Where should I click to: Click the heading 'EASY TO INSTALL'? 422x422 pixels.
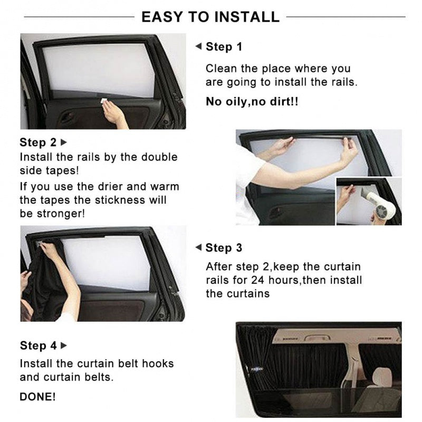[210, 16]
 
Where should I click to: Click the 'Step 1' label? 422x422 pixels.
[224, 47]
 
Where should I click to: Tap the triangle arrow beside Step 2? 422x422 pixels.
[64, 142]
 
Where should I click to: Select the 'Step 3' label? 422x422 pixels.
[224, 248]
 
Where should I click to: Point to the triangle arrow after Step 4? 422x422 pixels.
[64, 346]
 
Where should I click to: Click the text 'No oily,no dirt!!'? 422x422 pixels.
[252, 102]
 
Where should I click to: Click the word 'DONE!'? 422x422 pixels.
[37, 397]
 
